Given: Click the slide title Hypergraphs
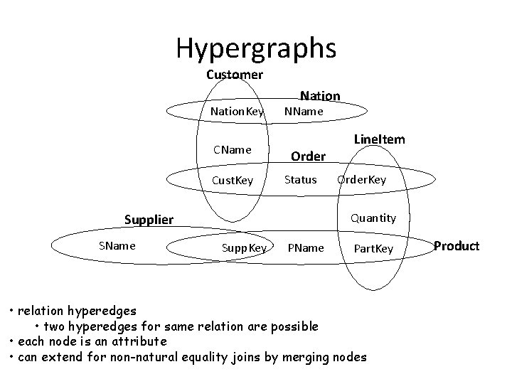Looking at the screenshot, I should pyautogui.click(x=256, y=48).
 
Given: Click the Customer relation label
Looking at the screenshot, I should pyautogui.click(x=235, y=75).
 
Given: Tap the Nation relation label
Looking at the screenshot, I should pyautogui.click(x=320, y=95).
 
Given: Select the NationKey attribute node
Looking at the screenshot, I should pyautogui.click(x=237, y=112).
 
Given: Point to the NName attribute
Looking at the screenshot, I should pyautogui.click(x=304, y=112).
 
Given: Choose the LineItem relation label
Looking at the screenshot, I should pyautogui.click(x=380, y=139).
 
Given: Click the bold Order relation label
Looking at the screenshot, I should pyautogui.click(x=309, y=156).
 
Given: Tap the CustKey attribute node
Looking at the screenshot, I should pyautogui.click(x=233, y=180).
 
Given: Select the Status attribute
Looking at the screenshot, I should pyautogui.click(x=300, y=179).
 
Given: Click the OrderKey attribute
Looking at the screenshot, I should pyautogui.click(x=362, y=179).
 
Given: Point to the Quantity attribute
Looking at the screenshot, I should pyautogui.click(x=373, y=218).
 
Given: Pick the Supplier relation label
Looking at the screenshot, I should pyautogui.click(x=149, y=219).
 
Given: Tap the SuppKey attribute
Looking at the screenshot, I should pyautogui.click(x=244, y=248).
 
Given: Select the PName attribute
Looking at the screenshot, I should pyautogui.click(x=305, y=248).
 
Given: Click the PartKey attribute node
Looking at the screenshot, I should pyautogui.click(x=373, y=248).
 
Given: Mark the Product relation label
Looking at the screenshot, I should pyautogui.click(x=457, y=246).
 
